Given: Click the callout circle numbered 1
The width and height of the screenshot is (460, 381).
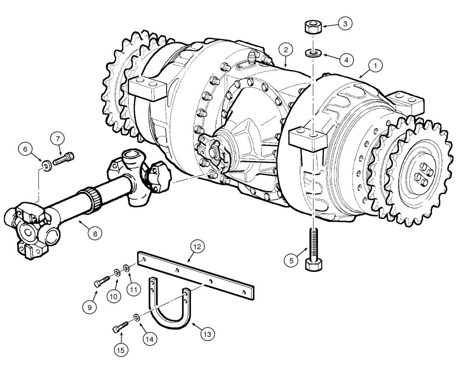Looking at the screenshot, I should click(375, 66).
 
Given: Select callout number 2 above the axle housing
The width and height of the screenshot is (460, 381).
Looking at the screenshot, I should click(286, 49).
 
